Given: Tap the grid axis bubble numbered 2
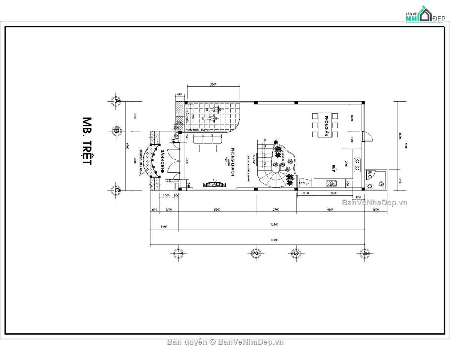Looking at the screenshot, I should [x=255, y=253].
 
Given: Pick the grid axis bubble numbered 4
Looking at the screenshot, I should [x=364, y=253].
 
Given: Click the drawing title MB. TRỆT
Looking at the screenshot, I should [x=87, y=141].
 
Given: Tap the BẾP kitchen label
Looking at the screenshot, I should [x=333, y=168].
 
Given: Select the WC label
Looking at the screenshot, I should [x=369, y=174].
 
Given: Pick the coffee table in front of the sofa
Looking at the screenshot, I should [x=208, y=148].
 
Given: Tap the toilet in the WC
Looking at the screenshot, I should [x=381, y=184].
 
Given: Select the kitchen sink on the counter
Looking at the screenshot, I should [x=331, y=183].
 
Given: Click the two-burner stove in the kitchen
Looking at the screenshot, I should [x=357, y=165].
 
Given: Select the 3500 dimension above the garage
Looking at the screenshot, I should [x=213, y=85].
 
